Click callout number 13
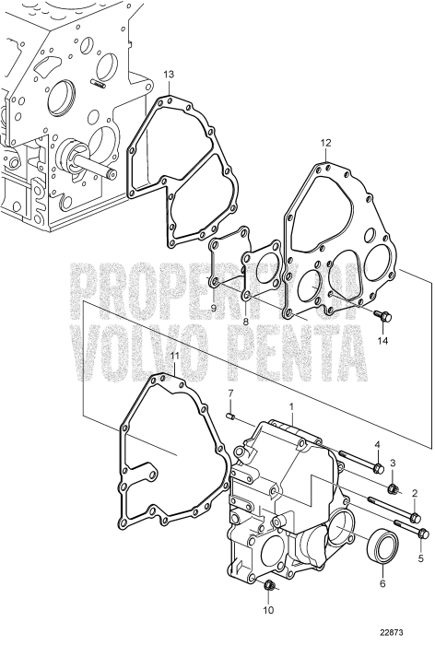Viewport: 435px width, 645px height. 168,74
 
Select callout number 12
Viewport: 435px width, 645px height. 325,143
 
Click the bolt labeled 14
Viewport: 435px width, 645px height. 384,317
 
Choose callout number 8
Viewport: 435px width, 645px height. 247,322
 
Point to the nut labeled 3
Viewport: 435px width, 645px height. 393,487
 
